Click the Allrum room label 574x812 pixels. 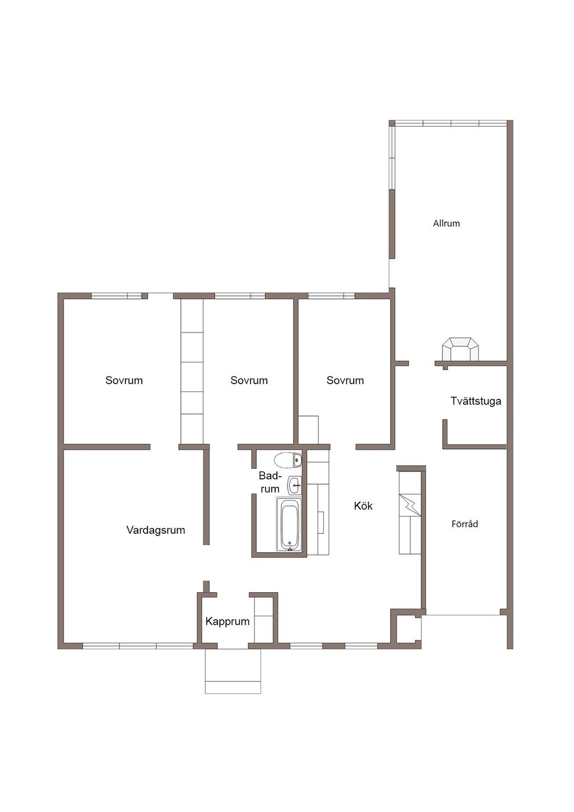pyautogui.click(x=446, y=223)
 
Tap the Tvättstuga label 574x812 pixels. pyautogui.click(x=475, y=401)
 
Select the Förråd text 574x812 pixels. pyautogui.click(x=465, y=524)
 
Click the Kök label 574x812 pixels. pyautogui.click(x=363, y=506)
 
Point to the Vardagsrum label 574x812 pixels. pyautogui.click(x=155, y=530)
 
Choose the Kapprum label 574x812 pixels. pyautogui.click(x=227, y=621)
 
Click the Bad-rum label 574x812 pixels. pyautogui.click(x=270, y=482)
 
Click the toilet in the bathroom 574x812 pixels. pyautogui.click(x=288, y=460)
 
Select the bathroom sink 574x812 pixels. pyautogui.click(x=294, y=485)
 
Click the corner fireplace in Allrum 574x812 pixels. pyautogui.click(x=460, y=349)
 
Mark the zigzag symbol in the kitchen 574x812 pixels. pyautogui.click(x=410, y=504)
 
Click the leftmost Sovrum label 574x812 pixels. pyautogui.click(x=124, y=380)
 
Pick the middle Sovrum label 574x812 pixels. pyautogui.click(x=249, y=380)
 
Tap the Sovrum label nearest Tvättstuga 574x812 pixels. pyautogui.click(x=345, y=380)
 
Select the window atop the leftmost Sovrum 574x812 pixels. pyautogui.click(x=116, y=296)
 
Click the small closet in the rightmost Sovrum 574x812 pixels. pyautogui.click(x=308, y=430)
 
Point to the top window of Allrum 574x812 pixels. pyautogui.click(x=451, y=123)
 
